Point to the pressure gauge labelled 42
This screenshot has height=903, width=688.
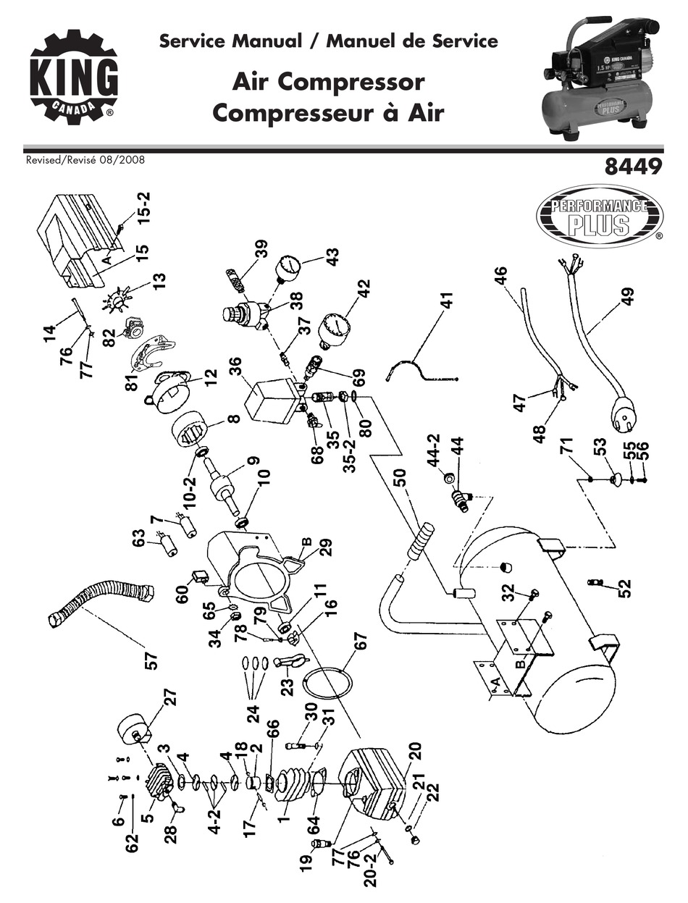pos(335,329)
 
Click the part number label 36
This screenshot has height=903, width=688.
pos(237,371)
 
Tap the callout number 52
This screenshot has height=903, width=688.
pos(624,584)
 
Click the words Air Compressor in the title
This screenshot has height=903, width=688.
pos(327,82)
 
